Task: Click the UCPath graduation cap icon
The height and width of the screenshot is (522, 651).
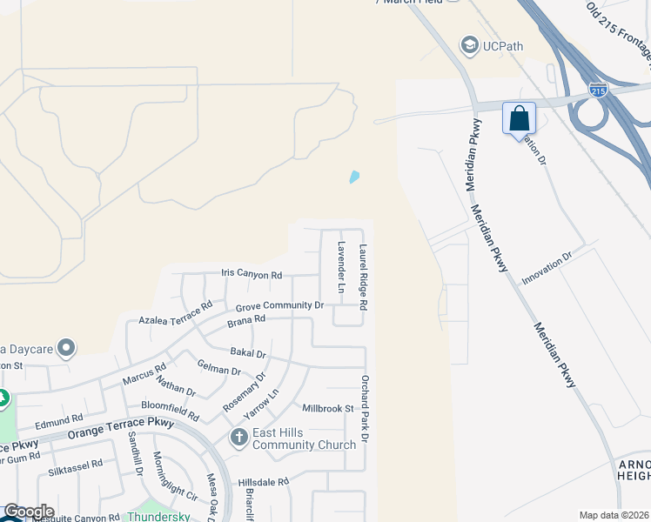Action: coord(470,45)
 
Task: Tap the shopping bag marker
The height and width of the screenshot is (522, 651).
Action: coord(519,118)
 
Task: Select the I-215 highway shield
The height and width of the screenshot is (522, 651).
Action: coord(597,90)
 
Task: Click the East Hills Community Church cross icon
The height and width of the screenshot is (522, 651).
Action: coord(239,437)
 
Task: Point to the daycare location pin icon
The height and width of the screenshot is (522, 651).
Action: coord(66,350)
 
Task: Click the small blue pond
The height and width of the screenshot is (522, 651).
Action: coord(354,177)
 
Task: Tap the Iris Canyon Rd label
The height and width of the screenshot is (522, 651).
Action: coord(252,275)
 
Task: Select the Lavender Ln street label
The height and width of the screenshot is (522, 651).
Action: coord(342,266)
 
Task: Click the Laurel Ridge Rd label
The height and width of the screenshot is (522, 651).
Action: coord(364,278)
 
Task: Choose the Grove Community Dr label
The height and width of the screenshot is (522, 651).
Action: coord(279,306)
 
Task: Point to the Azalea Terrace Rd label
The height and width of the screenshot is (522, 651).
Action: coord(176,313)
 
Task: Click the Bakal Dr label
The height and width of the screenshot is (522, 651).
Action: coord(248,352)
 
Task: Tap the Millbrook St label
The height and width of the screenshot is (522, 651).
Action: coord(328,408)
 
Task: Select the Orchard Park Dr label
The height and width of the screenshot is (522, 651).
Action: coord(366,409)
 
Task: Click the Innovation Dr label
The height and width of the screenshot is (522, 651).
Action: coord(547,269)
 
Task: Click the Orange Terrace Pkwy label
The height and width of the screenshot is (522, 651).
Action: coord(122,432)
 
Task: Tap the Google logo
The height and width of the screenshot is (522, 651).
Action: coord(28,512)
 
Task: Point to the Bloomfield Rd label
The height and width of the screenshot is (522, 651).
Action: coord(170,411)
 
